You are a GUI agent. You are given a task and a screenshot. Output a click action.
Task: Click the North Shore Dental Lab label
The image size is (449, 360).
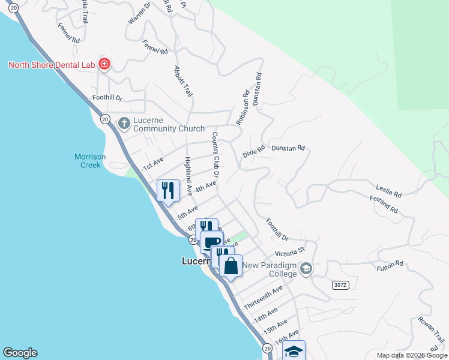pyautogui.click(x=52, y=64)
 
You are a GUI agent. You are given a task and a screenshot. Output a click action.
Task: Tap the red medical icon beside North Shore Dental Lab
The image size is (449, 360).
pyautogui.click(x=104, y=64)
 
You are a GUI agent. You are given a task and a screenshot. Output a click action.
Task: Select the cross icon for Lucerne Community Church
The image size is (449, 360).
pyautogui.click(x=124, y=124)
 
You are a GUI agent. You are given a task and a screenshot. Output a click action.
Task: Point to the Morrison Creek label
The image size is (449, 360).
pyautogui.click(x=90, y=160)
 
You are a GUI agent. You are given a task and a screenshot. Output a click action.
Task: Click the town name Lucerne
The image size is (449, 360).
pyautogui.click(x=196, y=262)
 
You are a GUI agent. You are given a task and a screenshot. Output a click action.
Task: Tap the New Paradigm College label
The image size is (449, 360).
pyautogui.click(x=271, y=270)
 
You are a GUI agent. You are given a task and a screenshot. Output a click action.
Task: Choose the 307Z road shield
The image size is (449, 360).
pyautogui.click(x=340, y=286)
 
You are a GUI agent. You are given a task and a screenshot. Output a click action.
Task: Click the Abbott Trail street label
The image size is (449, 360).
pyautogui.click(x=182, y=82)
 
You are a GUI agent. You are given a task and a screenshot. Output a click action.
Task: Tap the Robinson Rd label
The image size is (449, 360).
pyautogui.click(x=243, y=108)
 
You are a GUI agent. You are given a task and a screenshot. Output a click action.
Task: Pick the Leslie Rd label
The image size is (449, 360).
pyautogui.click(x=388, y=191)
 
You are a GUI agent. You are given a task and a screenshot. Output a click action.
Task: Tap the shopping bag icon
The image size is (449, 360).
pyautogui.click(x=231, y=265)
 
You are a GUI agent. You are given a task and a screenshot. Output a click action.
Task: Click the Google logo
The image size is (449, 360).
pyautogui.click(x=20, y=353)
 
